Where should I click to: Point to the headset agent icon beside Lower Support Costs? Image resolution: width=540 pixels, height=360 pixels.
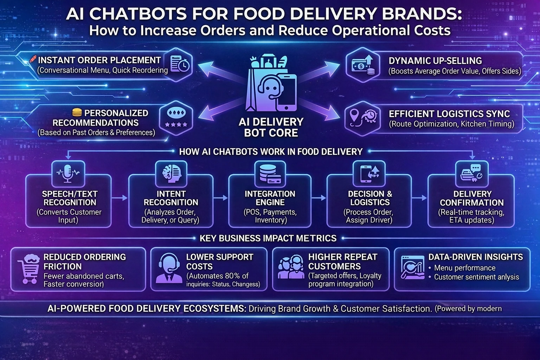tap(168, 269)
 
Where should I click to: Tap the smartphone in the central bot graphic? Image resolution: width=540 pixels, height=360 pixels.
tap(285, 92)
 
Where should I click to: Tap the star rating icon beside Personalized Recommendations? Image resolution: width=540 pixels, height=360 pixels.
tap(176, 117)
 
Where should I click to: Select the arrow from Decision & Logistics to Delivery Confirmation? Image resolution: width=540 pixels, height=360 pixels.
tap(419, 198)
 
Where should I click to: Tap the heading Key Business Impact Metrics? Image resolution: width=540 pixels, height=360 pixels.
tap(268, 238)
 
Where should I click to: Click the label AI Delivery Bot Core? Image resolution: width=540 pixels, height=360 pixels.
tap(271, 127)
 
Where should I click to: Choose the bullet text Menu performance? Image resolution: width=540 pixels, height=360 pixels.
tap(464, 268)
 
